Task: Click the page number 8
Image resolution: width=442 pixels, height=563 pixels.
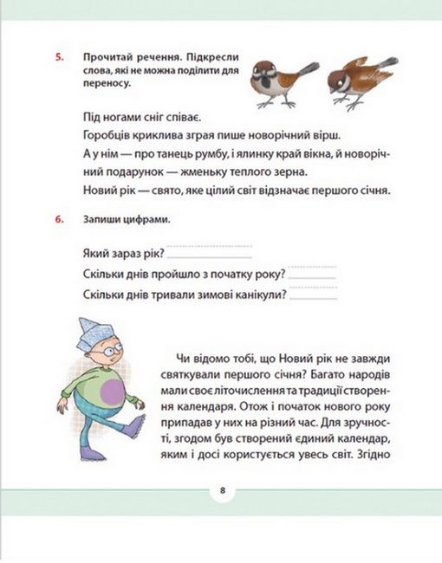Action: pos(222,491)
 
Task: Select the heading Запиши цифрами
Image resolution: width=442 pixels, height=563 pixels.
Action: pos(120,218)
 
